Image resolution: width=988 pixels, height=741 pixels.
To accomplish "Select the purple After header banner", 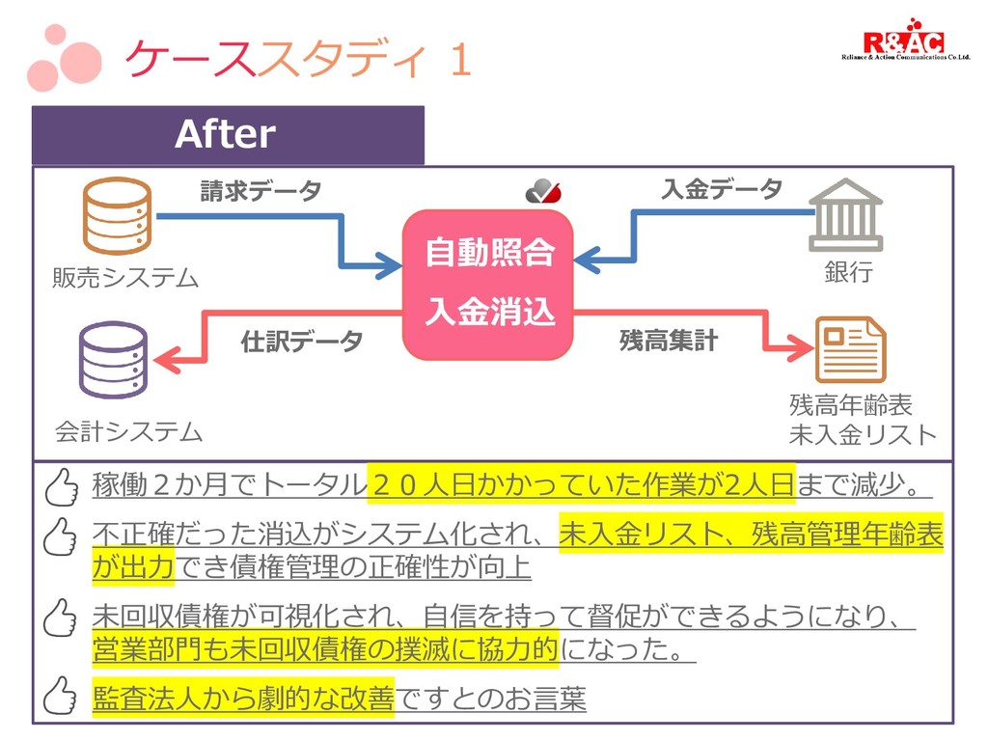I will pyautogui.click(x=228, y=135).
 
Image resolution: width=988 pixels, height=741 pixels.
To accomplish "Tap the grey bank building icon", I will pyautogui.click(x=845, y=213).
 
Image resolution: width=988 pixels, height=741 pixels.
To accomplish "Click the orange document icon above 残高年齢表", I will pyautogui.click(x=849, y=350).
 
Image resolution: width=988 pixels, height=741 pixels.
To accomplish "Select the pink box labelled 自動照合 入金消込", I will pyautogui.click(x=488, y=285).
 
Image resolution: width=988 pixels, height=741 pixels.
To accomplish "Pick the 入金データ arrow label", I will pyautogui.click(x=722, y=189).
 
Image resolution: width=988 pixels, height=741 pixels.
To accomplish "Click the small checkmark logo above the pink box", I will pyautogui.click(x=543, y=192).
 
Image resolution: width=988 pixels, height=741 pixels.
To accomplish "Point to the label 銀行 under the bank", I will pyautogui.click(x=848, y=272).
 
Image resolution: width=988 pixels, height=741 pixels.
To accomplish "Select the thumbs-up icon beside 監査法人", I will pyautogui.click(x=61, y=695).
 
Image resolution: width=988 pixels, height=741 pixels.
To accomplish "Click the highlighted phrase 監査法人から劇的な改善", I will pyautogui.click(x=243, y=697).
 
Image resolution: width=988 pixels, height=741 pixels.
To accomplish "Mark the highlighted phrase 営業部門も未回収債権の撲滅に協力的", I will pyautogui.click(x=325, y=649).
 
